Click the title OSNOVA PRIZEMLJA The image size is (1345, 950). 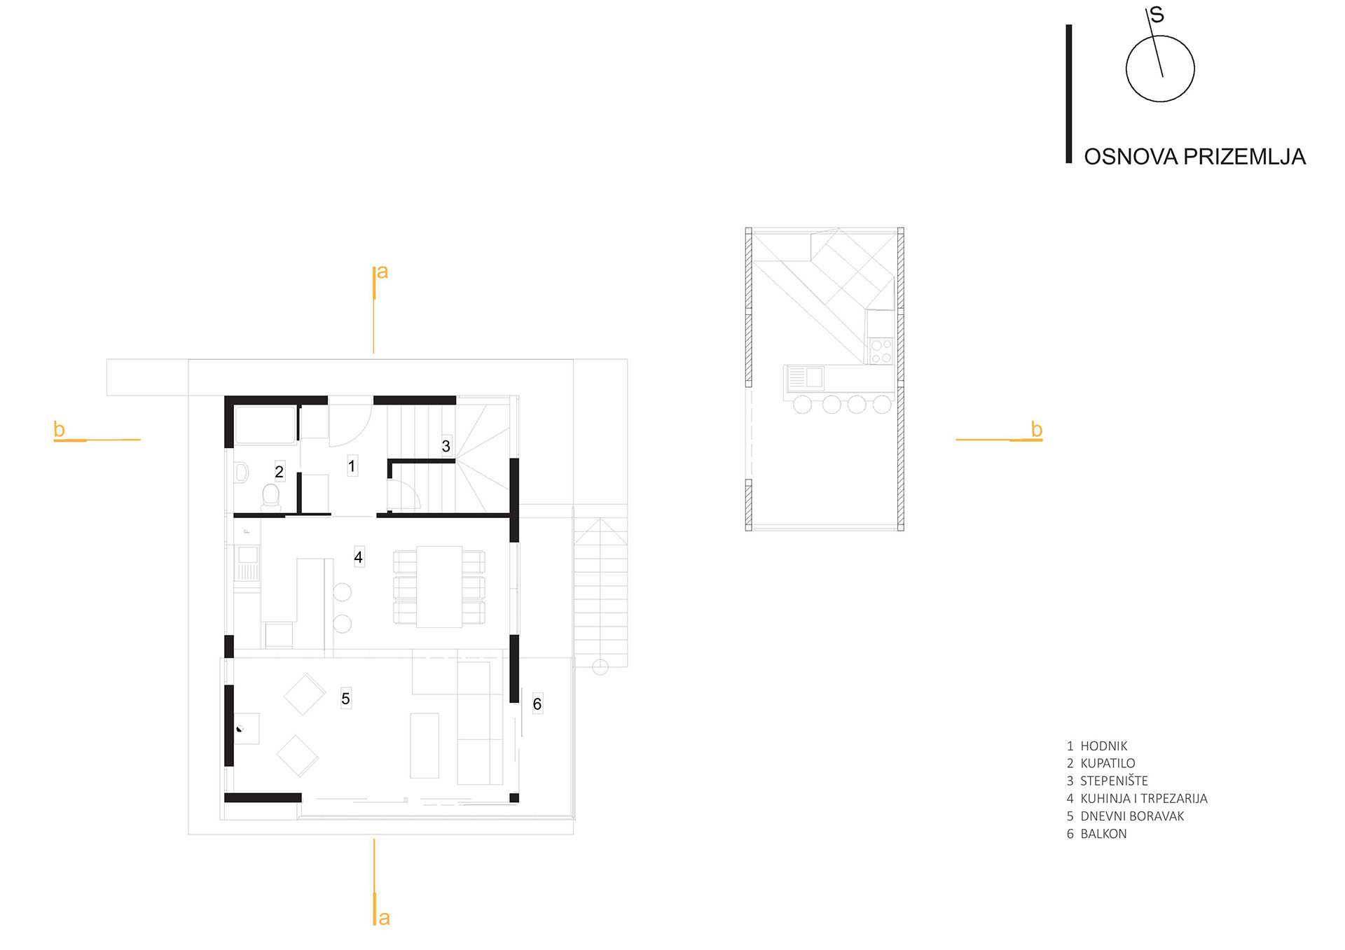[1194, 157]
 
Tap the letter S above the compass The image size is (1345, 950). [1157, 15]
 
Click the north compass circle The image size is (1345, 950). [1160, 69]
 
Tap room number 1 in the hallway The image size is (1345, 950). [352, 466]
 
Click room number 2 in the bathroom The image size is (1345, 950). [279, 472]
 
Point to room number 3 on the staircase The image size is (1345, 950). [446, 446]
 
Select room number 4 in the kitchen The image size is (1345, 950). [358, 557]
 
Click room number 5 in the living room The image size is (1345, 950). [345, 699]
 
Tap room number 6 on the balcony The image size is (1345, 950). [537, 704]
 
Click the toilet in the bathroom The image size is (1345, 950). [270, 496]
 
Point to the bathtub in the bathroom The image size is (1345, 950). [265, 425]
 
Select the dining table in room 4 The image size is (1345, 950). [439, 587]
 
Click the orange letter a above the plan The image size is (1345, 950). [382, 272]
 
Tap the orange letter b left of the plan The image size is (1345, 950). [60, 429]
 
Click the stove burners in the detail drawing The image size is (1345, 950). [881, 351]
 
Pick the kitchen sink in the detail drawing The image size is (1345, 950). [805, 378]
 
